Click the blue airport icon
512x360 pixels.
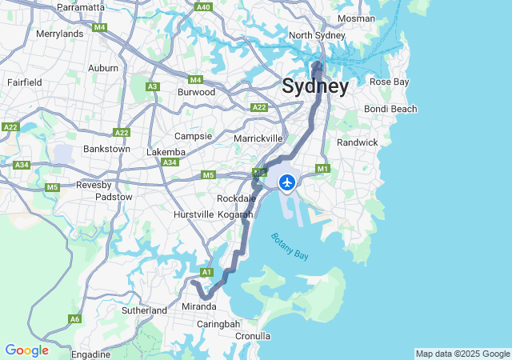(x=286, y=183)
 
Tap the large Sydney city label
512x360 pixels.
(x=314, y=86)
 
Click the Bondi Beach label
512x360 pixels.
(x=390, y=109)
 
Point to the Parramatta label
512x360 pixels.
(x=81, y=7)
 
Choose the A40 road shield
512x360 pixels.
(x=203, y=7)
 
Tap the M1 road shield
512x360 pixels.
(x=323, y=169)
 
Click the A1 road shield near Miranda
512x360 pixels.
(x=206, y=273)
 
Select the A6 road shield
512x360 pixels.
(x=74, y=318)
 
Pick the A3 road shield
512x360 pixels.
(x=152, y=86)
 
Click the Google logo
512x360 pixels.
(x=26, y=350)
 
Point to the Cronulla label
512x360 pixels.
(x=253, y=336)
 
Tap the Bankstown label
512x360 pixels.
(x=106, y=149)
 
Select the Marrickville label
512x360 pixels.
(x=258, y=138)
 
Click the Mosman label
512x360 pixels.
(x=356, y=18)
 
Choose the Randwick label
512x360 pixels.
(x=357, y=142)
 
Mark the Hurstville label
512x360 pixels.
(x=194, y=214)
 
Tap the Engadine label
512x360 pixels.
(x=90, y=354)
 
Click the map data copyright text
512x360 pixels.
(x=462, y=354)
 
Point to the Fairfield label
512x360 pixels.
(x=24, y=82)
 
